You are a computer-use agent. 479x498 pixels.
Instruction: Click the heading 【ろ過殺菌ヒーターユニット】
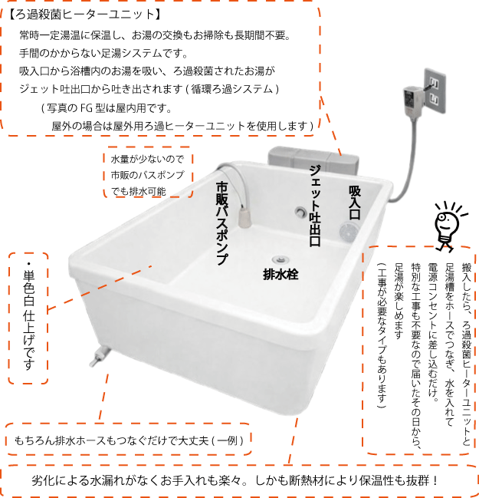click(85, 15)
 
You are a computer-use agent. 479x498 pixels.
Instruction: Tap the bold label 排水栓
click(281, 274)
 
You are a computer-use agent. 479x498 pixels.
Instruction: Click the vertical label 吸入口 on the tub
click(355, 203)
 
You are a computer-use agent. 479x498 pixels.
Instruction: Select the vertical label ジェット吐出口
click(315, 206)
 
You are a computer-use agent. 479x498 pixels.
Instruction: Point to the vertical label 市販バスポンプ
click(221, 223)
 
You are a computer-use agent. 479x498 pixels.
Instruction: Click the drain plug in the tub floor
click(280, 259)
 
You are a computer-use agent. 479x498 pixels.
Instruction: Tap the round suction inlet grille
click(348, 231)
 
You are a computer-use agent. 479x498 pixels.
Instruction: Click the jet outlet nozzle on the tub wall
click(300, 211)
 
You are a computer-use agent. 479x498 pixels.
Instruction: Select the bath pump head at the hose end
click(244, 217)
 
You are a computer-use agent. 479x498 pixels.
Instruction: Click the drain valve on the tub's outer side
click(100, 357)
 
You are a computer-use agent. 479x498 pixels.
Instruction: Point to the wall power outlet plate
click(435, 91)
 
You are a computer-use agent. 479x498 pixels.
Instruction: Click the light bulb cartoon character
click(448, 226)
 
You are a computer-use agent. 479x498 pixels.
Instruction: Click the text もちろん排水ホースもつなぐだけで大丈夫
click(111, 440)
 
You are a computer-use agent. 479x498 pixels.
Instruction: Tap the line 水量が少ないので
click(147, 159)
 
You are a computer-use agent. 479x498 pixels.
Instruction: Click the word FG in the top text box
click(87, 108)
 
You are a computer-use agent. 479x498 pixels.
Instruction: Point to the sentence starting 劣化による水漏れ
click(235, 480)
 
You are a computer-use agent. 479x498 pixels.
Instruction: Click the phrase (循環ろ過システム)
click(234, 89)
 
